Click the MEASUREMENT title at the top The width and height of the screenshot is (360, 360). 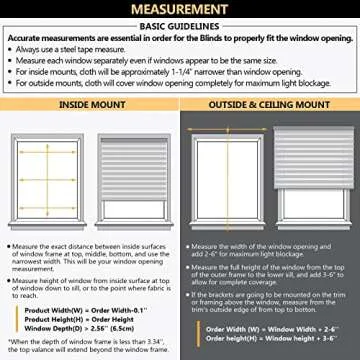point(180,9)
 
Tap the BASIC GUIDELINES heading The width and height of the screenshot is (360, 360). point(180,28)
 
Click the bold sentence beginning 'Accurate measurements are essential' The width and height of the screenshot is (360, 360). point(180,38)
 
